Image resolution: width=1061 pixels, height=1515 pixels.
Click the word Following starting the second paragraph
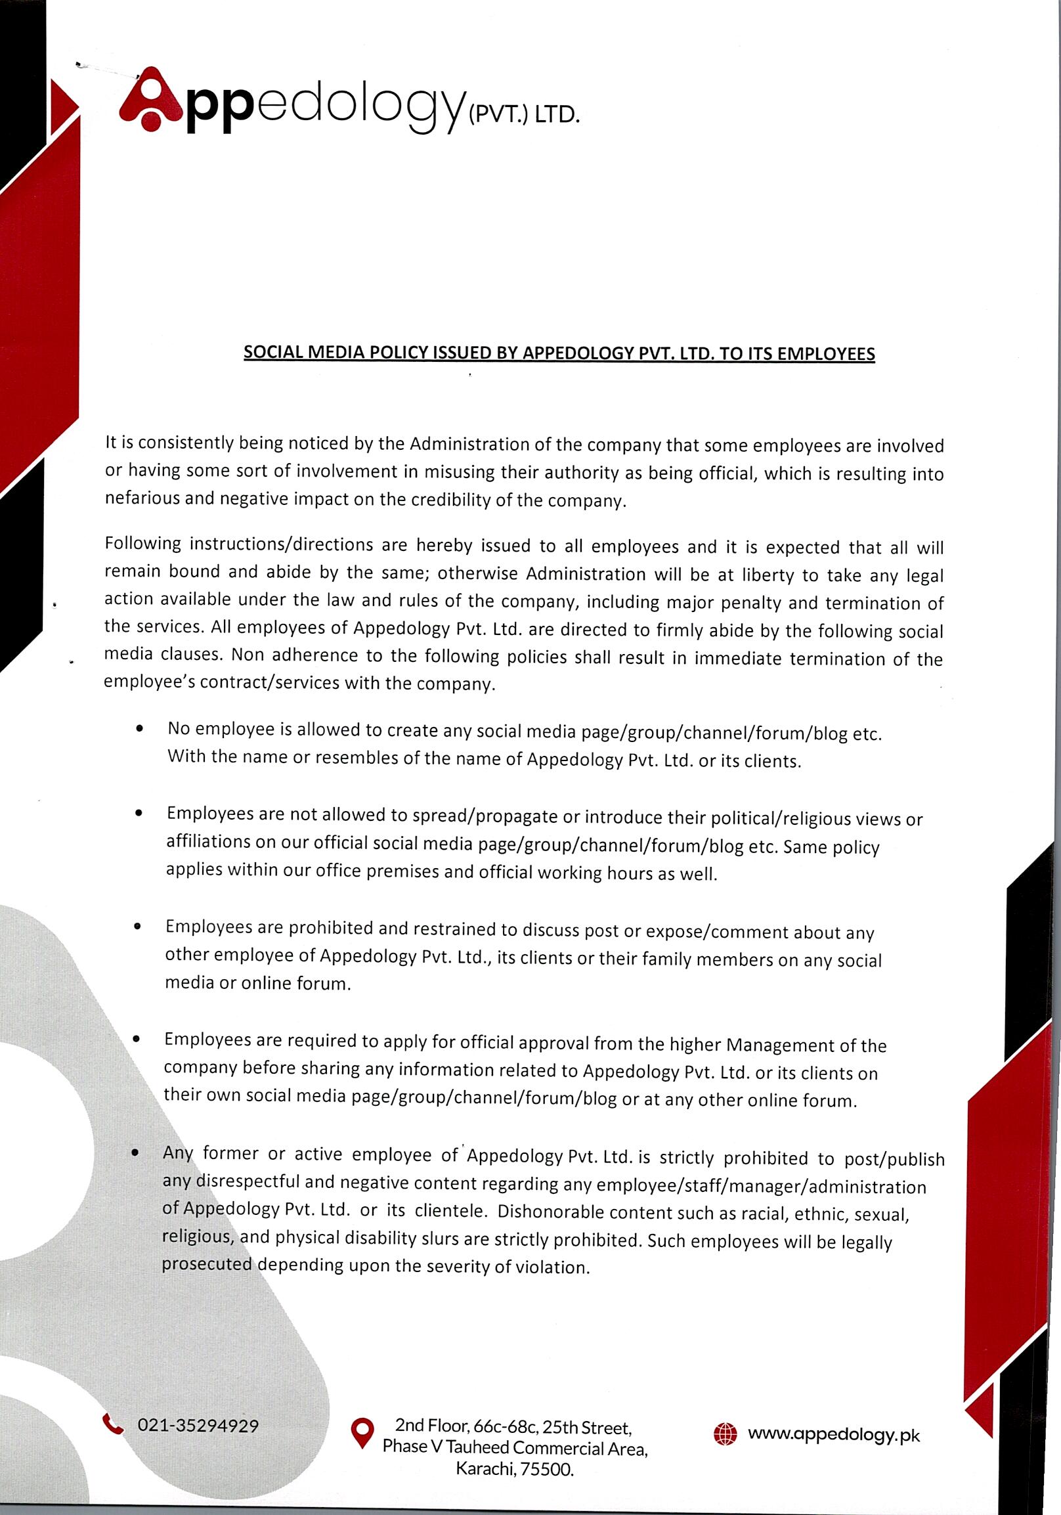tap(142, 544)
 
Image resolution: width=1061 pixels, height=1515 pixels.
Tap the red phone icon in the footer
tap(114, 1423)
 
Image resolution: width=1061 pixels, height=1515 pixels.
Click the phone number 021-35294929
tap(197, 1425)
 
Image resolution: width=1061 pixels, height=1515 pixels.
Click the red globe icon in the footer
tap(725, 1434)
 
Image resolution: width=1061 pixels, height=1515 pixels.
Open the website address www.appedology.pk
tap(833, 1434)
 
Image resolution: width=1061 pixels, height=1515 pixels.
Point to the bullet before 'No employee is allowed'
tap(139, 729)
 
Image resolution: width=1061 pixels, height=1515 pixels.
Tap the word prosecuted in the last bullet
tap(207, 1264)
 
